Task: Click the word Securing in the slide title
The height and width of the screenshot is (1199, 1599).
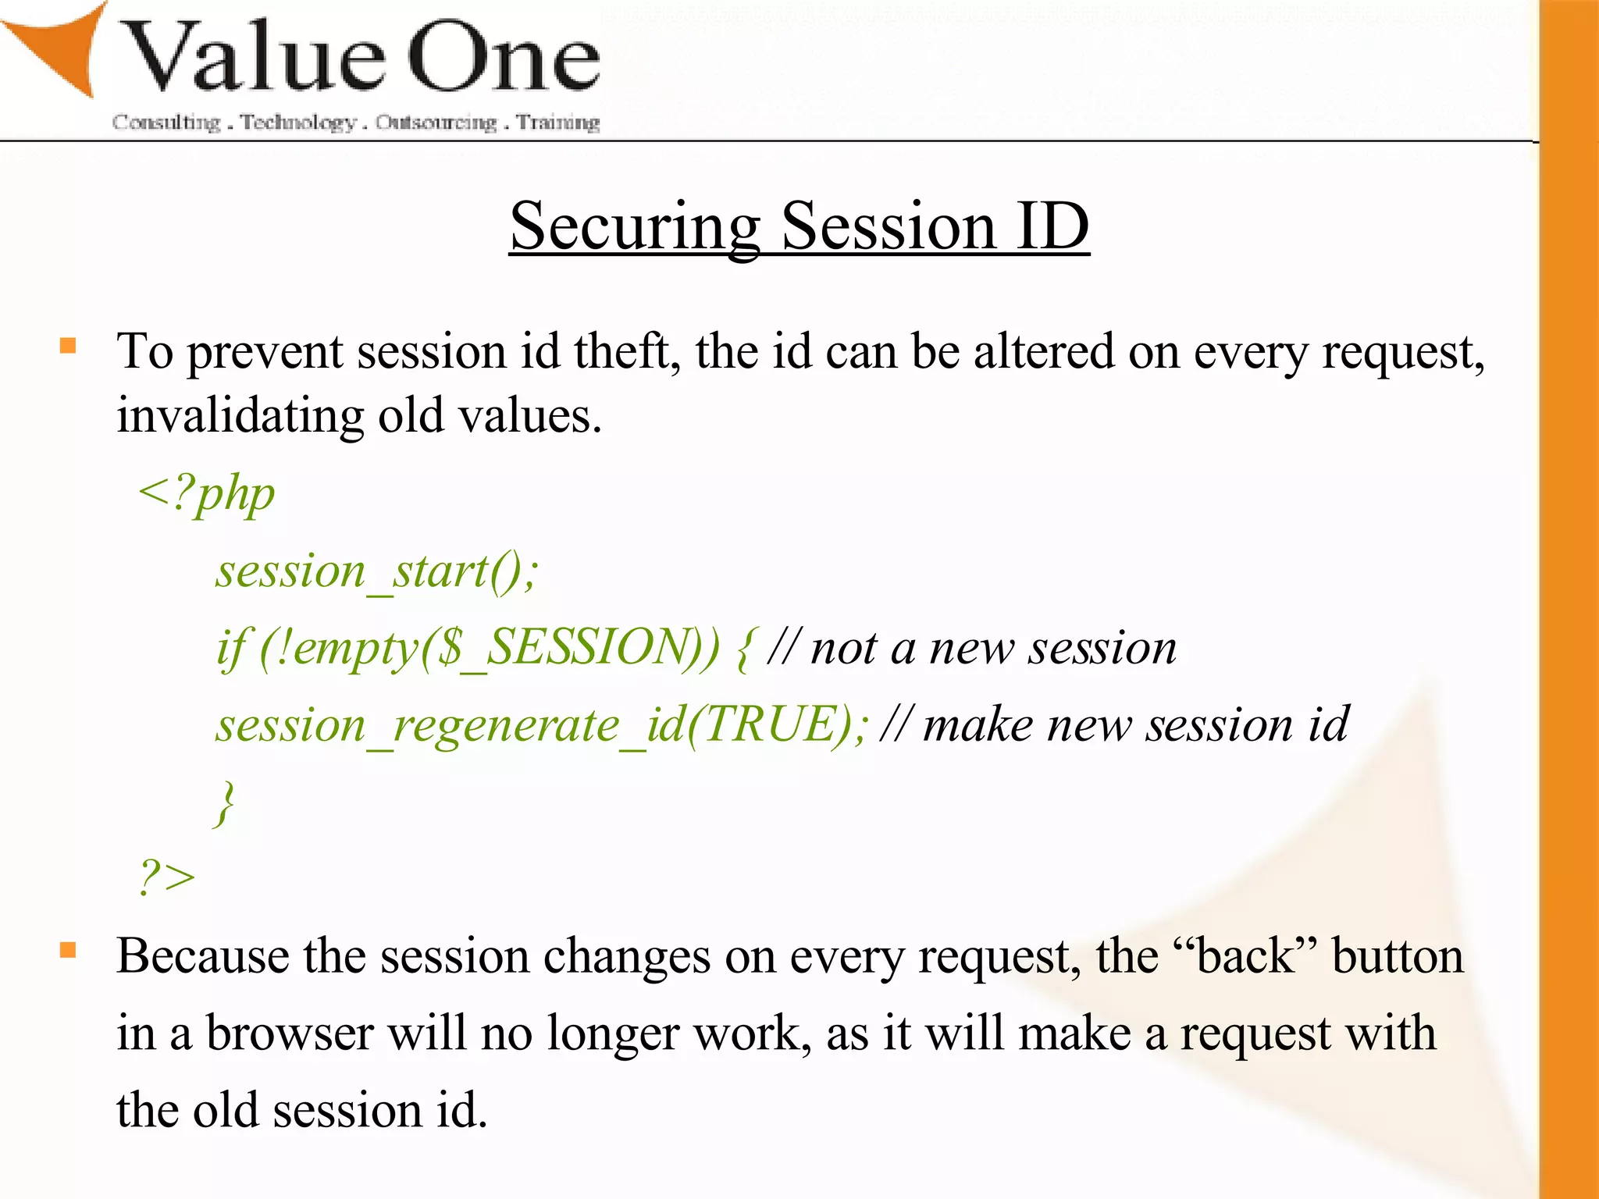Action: tap(635, 226)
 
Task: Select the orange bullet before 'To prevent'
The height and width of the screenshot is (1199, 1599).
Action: tap(69, 346)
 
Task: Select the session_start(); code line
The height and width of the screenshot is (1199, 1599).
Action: tap(377, 571)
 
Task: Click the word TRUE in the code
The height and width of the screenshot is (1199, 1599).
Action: tap(774, 724)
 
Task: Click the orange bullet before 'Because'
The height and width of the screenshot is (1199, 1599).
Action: tap(69, 950)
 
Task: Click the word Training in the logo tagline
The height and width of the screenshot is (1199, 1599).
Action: tap(558, 123)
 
